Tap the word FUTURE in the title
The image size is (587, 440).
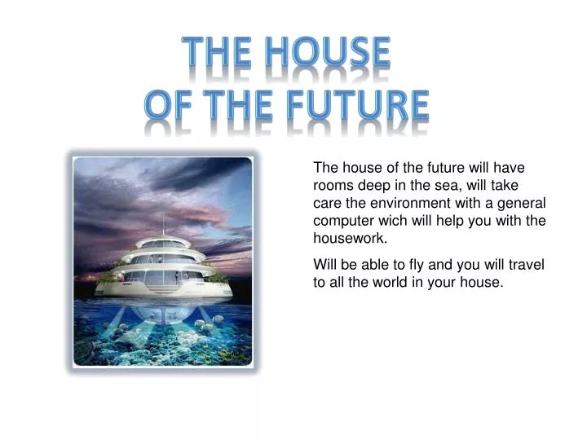tap(358, 105)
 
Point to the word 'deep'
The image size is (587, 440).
tap(372, 184)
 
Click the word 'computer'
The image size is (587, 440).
tap(342, 220)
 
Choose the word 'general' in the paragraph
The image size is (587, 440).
tap(523, 202)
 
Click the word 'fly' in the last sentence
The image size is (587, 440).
tap(413, 264)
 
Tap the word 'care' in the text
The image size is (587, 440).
tap(327, 202)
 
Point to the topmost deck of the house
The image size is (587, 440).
tap(163, 242)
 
